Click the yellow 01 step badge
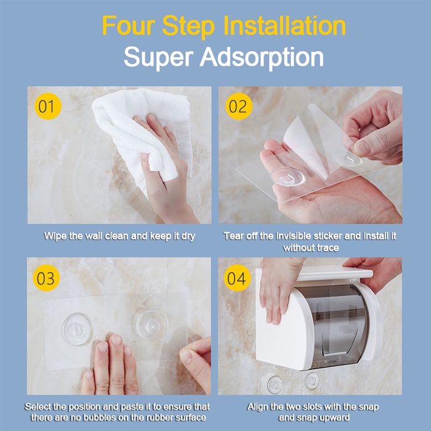(x=48, y=107)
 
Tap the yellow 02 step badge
(x=239, y=107)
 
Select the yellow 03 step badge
(x=46, y=278)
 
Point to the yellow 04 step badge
(x=237, y=278)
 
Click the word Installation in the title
(x=284, y=26)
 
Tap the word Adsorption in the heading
(x=262, y=58)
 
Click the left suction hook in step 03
(x=77, y=329)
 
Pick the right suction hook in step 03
(x=150, y=325)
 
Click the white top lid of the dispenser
(x=334, y=273)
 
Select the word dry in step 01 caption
(x=188, y=236)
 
